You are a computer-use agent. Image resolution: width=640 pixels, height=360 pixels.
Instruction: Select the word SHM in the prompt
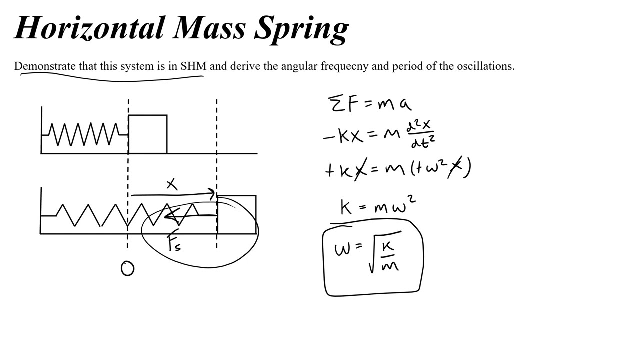193,66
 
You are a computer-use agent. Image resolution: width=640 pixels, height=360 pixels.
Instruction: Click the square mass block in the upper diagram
148,134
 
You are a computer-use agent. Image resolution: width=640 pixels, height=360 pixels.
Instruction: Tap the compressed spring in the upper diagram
85,134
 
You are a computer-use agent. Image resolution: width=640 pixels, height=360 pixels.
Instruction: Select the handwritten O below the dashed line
127,269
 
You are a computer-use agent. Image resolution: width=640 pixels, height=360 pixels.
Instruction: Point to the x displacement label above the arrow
172,184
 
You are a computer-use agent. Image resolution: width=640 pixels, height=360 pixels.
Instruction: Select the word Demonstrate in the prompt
45,66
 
